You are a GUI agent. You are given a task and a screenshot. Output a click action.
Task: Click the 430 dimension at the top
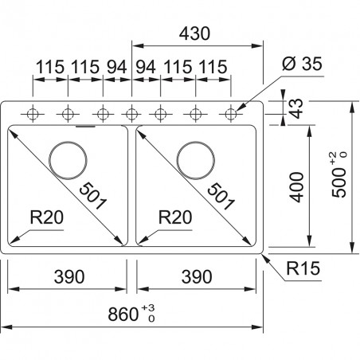point(194,33)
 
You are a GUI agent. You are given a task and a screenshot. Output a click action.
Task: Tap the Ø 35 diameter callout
point(302,64)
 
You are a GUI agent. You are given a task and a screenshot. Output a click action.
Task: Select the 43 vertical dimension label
point(296,108)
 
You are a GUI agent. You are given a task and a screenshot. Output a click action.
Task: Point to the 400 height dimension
point(296,187)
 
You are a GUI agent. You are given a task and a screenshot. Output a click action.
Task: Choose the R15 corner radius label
point(303,268)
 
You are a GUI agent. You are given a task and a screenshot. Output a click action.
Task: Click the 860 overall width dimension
point(123,314)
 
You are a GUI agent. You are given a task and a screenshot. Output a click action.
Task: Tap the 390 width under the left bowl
point(69,276)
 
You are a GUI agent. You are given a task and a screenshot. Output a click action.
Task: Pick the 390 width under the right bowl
point(197,276)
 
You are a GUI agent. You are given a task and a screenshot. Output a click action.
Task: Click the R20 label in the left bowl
point(47,217)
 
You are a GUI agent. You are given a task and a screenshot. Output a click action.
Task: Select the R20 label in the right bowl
point(175,217)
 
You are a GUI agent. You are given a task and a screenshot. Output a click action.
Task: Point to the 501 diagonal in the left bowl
point(93,195)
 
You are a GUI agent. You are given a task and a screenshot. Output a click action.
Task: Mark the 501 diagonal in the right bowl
point(221,196)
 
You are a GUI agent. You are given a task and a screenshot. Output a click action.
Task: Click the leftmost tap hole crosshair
point(33,114)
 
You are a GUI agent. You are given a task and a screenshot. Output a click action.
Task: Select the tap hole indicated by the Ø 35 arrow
point(231,114)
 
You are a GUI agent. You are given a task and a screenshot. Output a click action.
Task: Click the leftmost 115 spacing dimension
point(50,67)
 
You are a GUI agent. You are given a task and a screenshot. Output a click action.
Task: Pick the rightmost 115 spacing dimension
point(213,67)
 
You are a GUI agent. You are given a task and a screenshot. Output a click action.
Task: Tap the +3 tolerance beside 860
point(148,307)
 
